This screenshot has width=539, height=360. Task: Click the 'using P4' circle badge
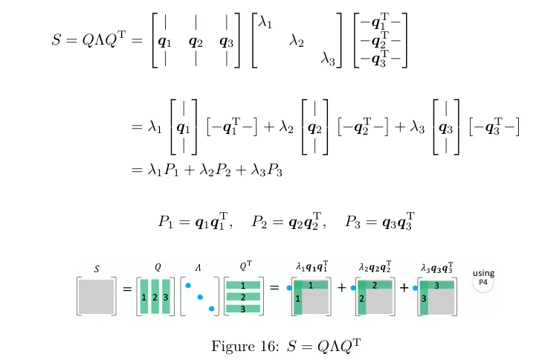(483, 282)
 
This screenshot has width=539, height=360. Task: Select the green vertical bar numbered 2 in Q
(155, 297)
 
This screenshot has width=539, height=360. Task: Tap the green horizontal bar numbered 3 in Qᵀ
(243, 308)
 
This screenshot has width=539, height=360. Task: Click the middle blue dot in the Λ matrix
(199, 297)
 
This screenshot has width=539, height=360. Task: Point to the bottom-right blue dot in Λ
(211, 308)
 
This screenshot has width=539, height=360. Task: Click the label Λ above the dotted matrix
(198, 266)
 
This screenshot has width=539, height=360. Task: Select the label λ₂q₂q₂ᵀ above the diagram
(375, 266)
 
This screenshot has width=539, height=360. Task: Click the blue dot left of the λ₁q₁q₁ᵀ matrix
(289, 286)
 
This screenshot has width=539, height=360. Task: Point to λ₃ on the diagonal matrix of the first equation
(329, 57)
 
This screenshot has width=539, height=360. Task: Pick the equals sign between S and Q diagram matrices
(126, 289)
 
